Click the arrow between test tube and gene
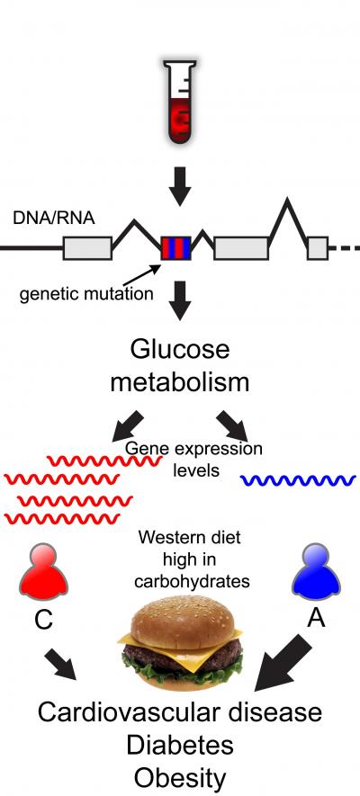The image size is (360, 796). tap(180, 184)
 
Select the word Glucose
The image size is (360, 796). tap(180, 349)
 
